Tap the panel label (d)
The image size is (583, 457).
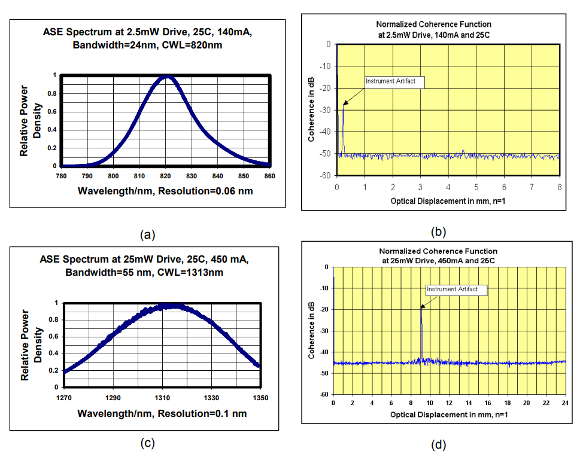(x=438, y=444)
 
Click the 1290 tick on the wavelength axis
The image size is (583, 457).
(x=113, y=397)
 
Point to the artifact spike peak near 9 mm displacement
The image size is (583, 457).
(x=421, y=306)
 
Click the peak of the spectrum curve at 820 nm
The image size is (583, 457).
(x=167, y=77)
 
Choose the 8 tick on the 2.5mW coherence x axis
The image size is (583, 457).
(x=559, y=187)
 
